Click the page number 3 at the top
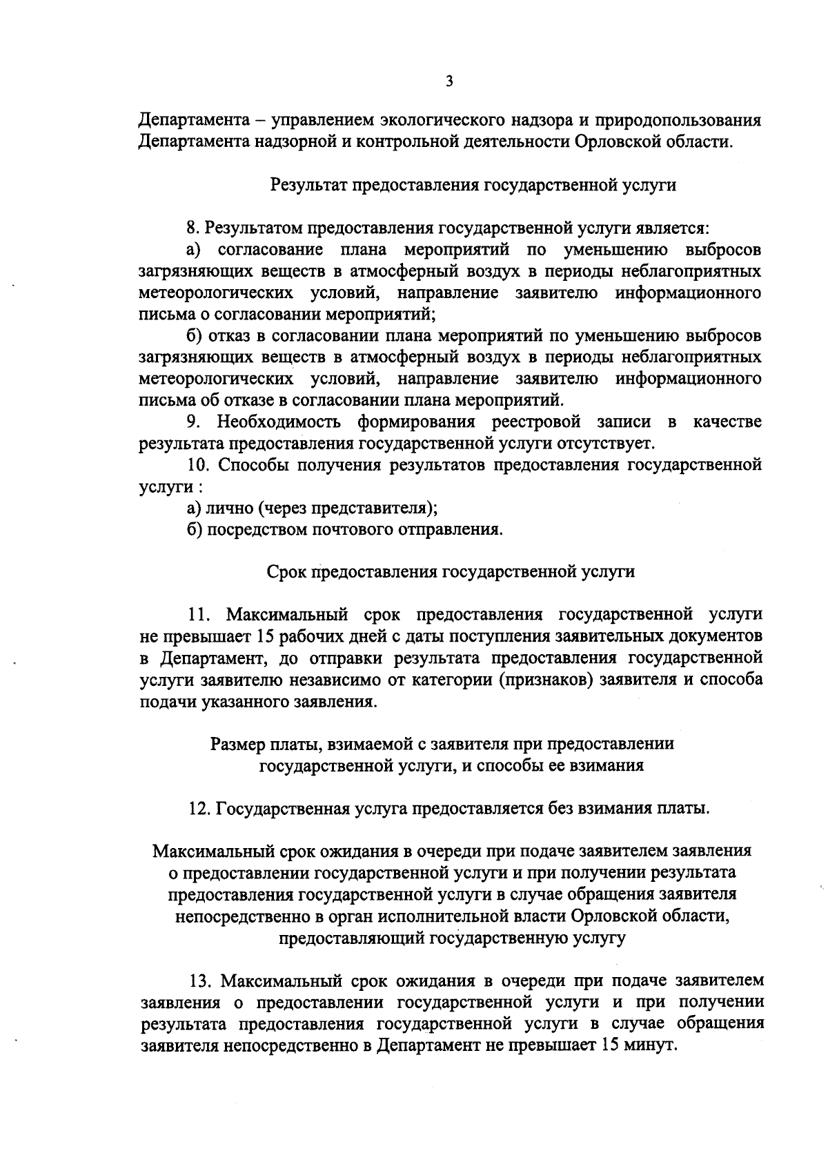449,82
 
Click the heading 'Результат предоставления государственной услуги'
473,185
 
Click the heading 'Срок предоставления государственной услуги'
450,571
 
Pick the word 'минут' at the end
651,1045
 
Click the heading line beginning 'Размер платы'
442,744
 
